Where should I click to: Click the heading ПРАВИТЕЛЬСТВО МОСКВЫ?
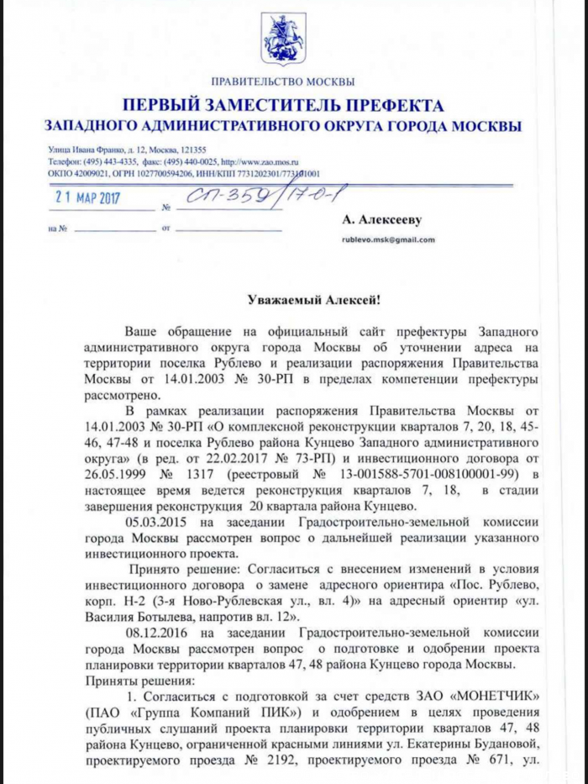click(283, 82)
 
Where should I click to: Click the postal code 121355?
click(204, 150)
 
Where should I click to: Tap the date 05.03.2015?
click(155, 522)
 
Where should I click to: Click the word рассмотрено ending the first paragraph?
click(120, 393)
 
